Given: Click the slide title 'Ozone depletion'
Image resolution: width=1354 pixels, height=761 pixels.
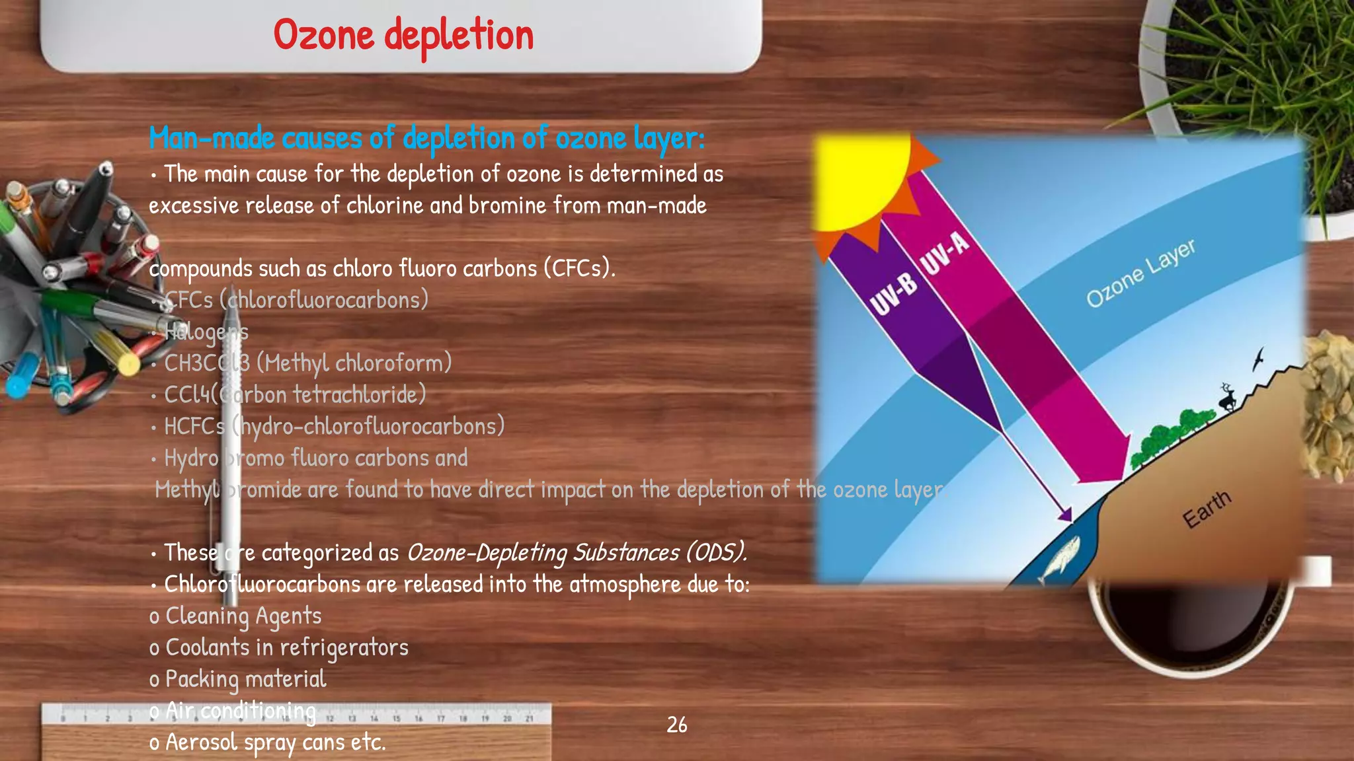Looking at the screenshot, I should click(x=403, y=36).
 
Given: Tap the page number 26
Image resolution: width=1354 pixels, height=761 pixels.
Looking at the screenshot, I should click(x=676, y=725).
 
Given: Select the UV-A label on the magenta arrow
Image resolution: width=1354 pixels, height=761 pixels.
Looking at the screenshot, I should click(x=945, y=252).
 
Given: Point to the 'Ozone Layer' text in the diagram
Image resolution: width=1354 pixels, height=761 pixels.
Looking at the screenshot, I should click(x=1140, y=272).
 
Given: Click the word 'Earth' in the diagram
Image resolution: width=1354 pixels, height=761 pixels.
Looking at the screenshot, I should click(x=1207, y=509).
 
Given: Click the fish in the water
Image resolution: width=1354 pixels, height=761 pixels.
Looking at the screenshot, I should click(x=1059, y=556).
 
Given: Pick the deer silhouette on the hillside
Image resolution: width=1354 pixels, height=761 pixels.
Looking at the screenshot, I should click(x=1227, y=398).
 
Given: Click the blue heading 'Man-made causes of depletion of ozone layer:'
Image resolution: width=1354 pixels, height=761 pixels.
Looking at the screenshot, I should click(x=426, y=139).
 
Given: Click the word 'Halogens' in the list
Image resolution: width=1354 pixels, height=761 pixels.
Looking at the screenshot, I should click(x=206, y=332).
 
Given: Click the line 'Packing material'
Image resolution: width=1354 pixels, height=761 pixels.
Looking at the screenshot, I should click(x=245, y=679).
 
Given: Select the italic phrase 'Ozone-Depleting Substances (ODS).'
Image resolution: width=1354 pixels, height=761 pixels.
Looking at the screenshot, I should click(x=577, y=552).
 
